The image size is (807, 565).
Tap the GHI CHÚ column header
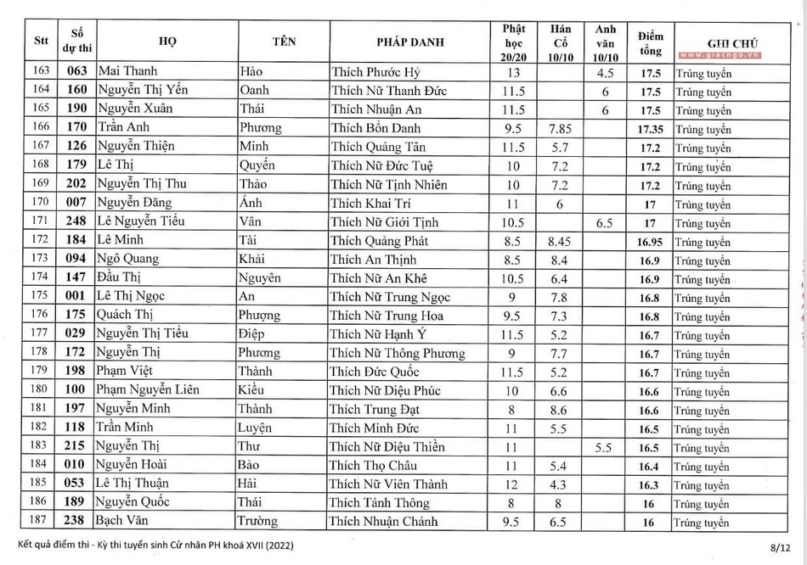[x=731, y=42]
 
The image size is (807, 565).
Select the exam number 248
[x=77, y=221]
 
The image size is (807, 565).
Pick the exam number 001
[x=77, y=296]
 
